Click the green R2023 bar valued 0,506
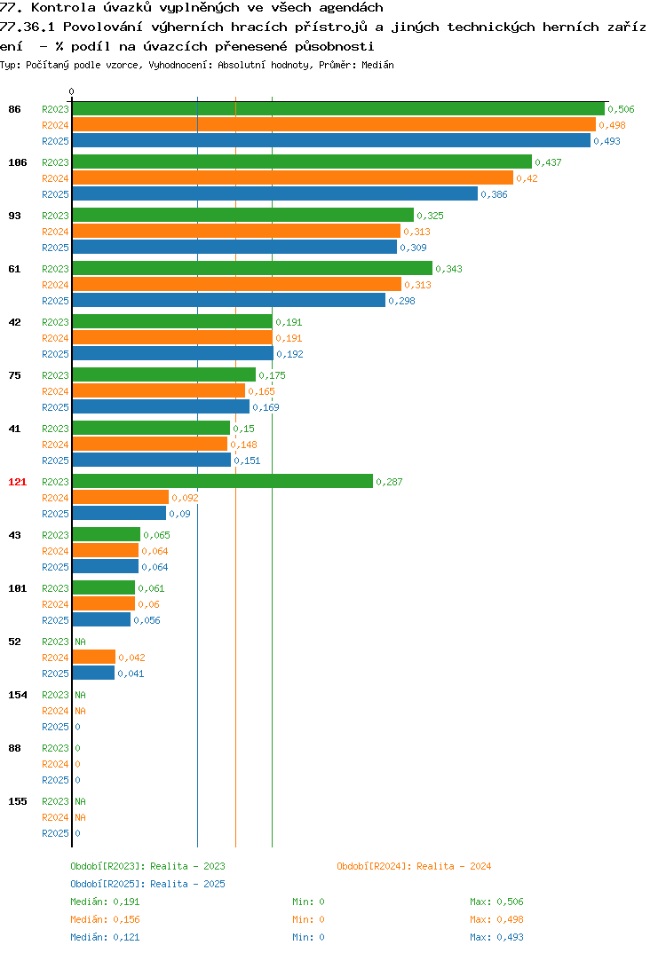point(339,109)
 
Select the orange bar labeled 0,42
point(292,178)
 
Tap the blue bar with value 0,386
point(275,193)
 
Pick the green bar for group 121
point(223,481)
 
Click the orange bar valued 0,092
point(121,497)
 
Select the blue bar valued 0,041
point(93,673)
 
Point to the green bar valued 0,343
point(252,269)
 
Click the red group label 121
point(18,482)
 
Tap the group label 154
point(18,695)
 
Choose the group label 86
point(14,109)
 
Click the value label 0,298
point(402,301)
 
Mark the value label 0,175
point(272,375)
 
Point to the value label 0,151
point(247,461)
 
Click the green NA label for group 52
point(80,642)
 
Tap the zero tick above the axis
point(72,91)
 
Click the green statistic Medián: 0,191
point(105,902)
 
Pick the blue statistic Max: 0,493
point(496,937)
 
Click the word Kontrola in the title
point(63,8)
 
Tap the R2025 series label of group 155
point(55,833)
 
